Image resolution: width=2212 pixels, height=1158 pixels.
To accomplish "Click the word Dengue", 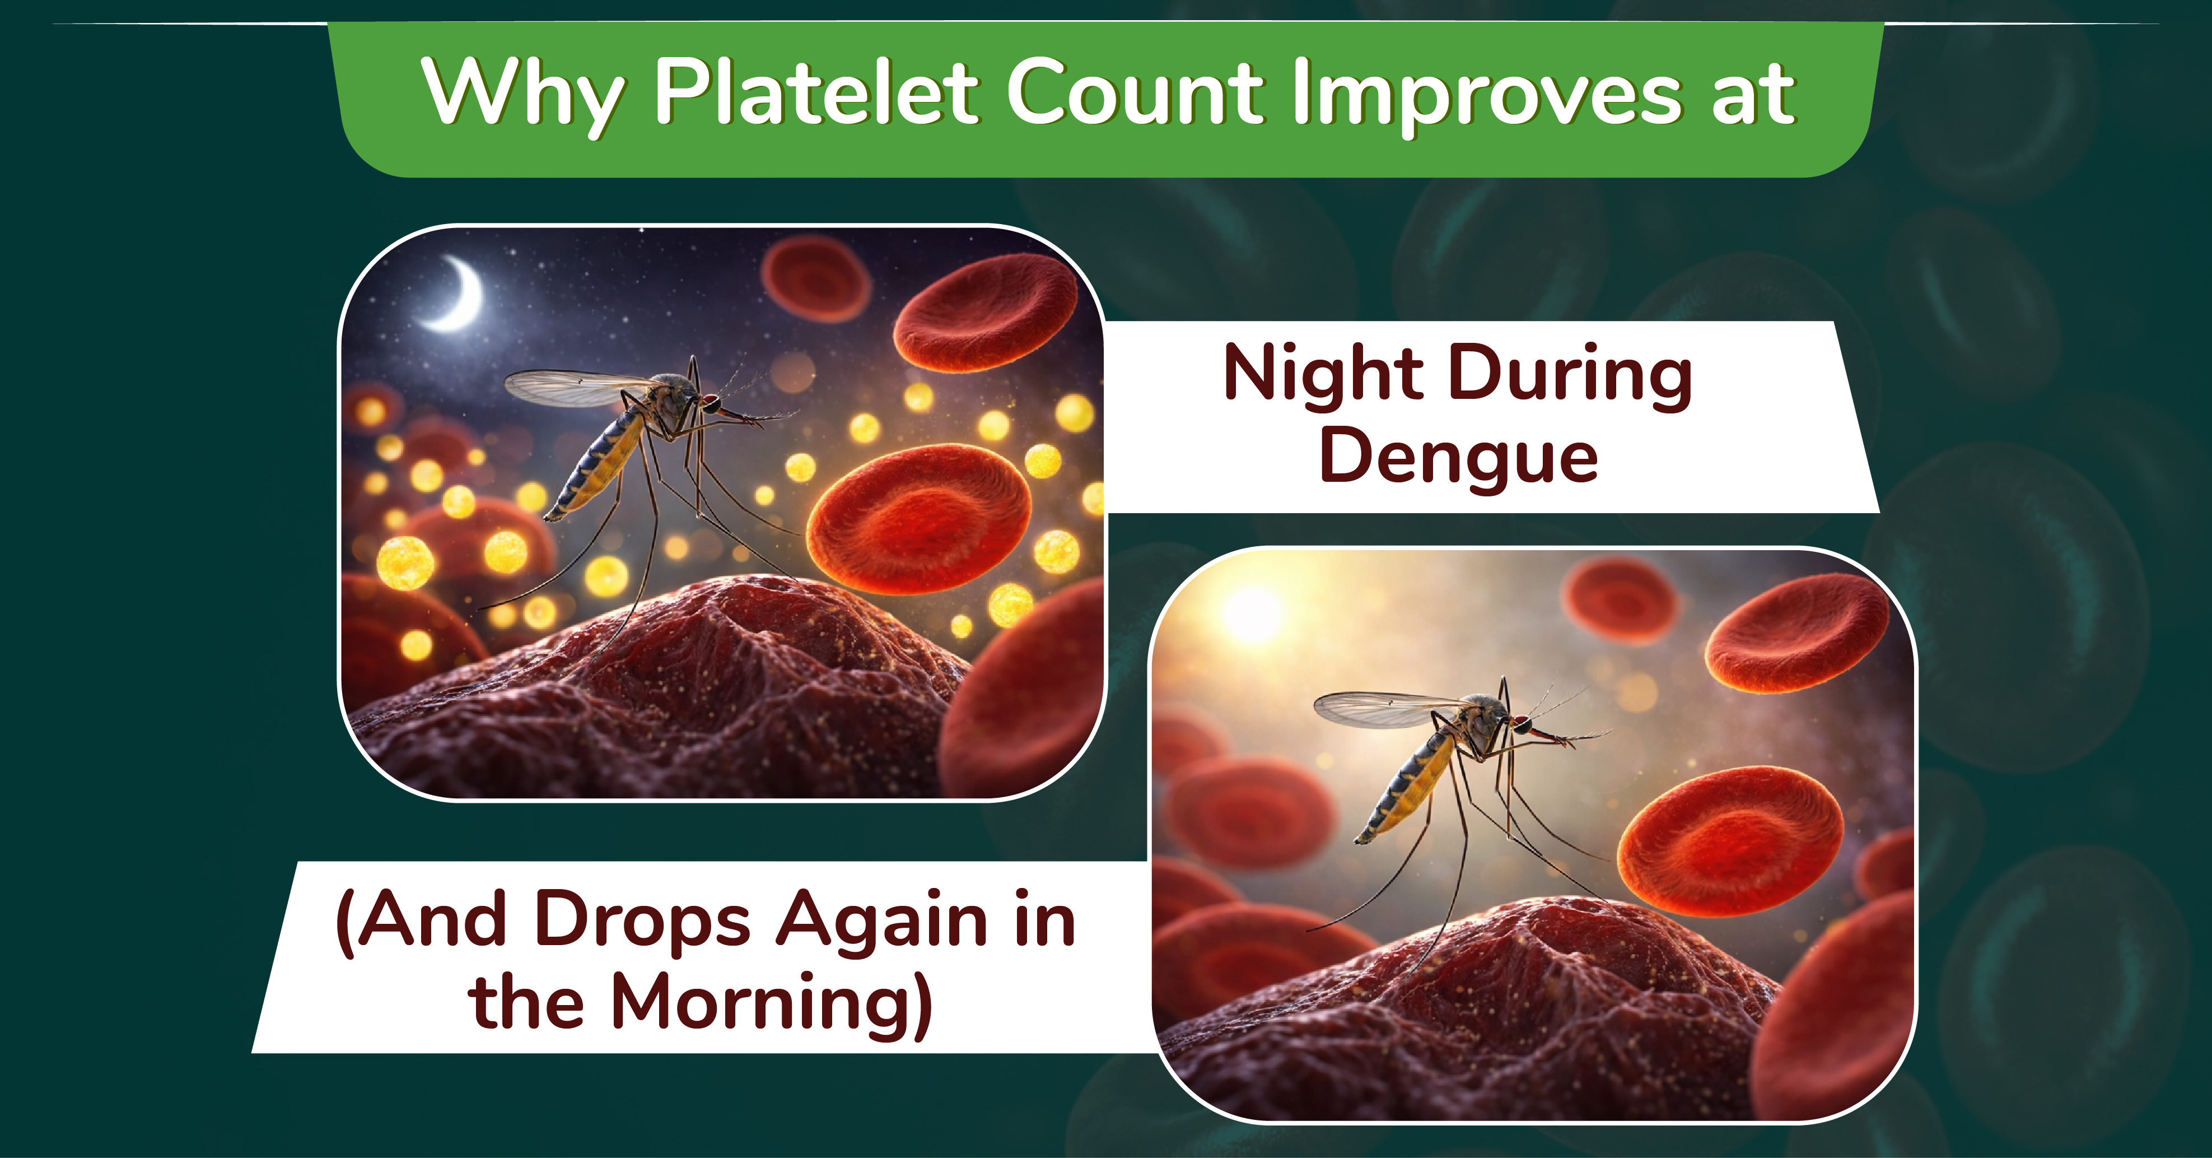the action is click(x=1458, y=457).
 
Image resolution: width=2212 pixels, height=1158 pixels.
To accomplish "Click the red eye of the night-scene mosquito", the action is click(x=711, y=401).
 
